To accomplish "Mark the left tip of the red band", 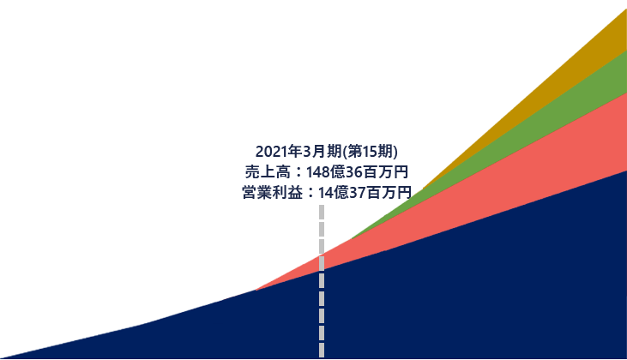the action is [256, 290].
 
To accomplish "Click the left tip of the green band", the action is [352, 238].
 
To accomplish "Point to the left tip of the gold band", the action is [424, 188].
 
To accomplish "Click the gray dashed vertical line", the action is [322, 281].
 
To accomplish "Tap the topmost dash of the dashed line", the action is [322, 213].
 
